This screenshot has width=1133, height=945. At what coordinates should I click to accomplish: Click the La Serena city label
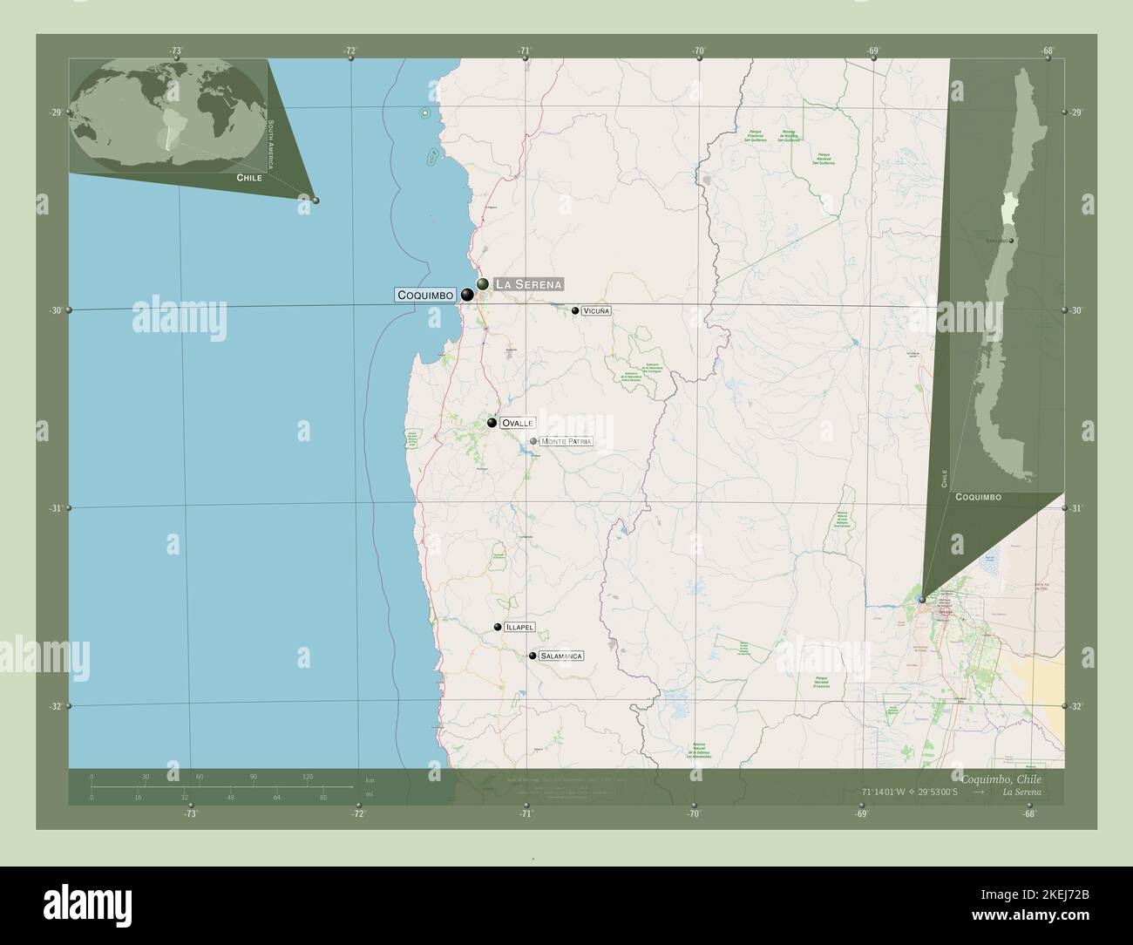tap(528, 284)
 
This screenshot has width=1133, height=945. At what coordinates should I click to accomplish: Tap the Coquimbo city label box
tap(425, 296)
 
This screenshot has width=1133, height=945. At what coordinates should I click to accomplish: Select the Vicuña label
tap(597, 310)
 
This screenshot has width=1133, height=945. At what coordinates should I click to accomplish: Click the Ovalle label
tap(517, 423)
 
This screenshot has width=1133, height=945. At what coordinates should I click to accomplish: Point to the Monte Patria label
tap(566, 442)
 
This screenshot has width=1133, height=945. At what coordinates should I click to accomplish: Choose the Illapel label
tap(519, 627)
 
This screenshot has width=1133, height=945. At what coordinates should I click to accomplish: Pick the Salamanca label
tap(560, 656)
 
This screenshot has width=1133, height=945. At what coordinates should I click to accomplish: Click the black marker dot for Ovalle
tap(492, 423)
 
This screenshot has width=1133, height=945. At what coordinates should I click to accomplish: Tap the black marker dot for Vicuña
tap(575, 310)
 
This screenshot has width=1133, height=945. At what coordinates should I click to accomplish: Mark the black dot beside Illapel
tap(498, 627)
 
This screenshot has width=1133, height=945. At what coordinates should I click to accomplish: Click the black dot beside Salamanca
tap(532, 656)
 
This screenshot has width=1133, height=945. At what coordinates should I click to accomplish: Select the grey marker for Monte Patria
tap(533, 441)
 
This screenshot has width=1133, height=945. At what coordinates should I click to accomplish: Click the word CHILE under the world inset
tap(249, 178)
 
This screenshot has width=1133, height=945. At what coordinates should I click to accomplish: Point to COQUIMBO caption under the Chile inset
tap(978, 497)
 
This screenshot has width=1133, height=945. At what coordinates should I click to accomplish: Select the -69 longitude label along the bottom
tap(861, 814)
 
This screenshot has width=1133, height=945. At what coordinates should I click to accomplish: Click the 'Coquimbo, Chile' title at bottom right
tap(1000, 778)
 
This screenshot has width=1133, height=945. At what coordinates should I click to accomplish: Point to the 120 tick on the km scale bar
tap(308, 777)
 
